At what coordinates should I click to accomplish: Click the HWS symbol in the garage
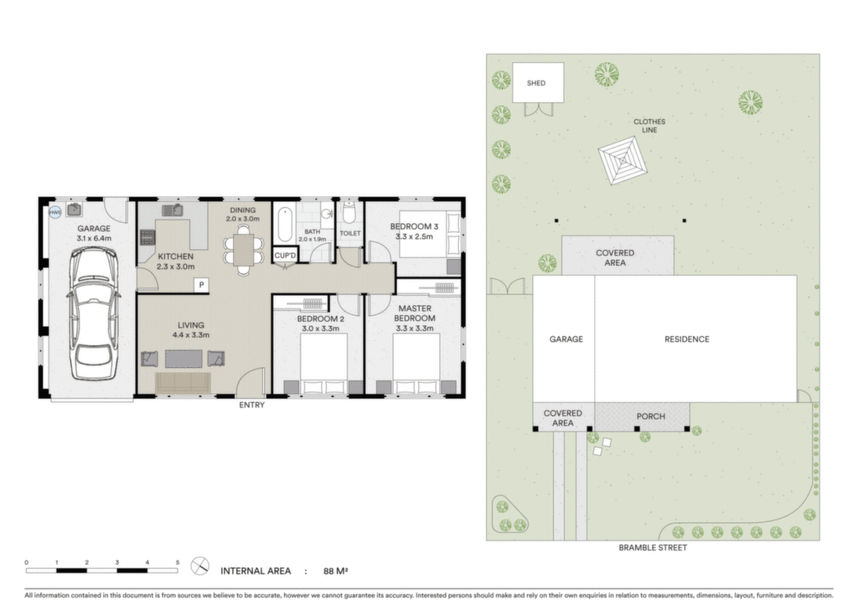(x=55, y=212)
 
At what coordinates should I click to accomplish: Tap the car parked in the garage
(x=94, y=313)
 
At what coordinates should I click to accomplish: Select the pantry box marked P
(x=201, y=285)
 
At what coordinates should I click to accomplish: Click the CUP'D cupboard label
(x=285, y=256)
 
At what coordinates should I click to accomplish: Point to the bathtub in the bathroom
(x=285, y=224)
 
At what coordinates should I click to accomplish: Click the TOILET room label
(x=350, y=233)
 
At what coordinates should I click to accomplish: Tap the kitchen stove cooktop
(x=147, y=237)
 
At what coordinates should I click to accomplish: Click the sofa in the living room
(x=183, y=382)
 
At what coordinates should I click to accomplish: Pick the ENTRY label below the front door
(x=251, y=405)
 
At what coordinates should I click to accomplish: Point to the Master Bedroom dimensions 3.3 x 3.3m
(x=414, y=329)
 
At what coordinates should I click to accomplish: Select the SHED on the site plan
(x=538, y=83)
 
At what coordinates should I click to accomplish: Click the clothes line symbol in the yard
(x=623, y=161)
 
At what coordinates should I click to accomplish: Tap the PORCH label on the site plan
(x=650, y=417)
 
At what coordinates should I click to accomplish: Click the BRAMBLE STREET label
(x=653, y=547)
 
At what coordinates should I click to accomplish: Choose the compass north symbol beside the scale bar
(x=199, y=567)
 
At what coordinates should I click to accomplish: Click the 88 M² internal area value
(x=335, y=572)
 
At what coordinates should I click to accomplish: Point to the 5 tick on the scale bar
(x=178, y=562)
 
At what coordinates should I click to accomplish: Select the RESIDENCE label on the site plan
(x=687, y=339)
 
